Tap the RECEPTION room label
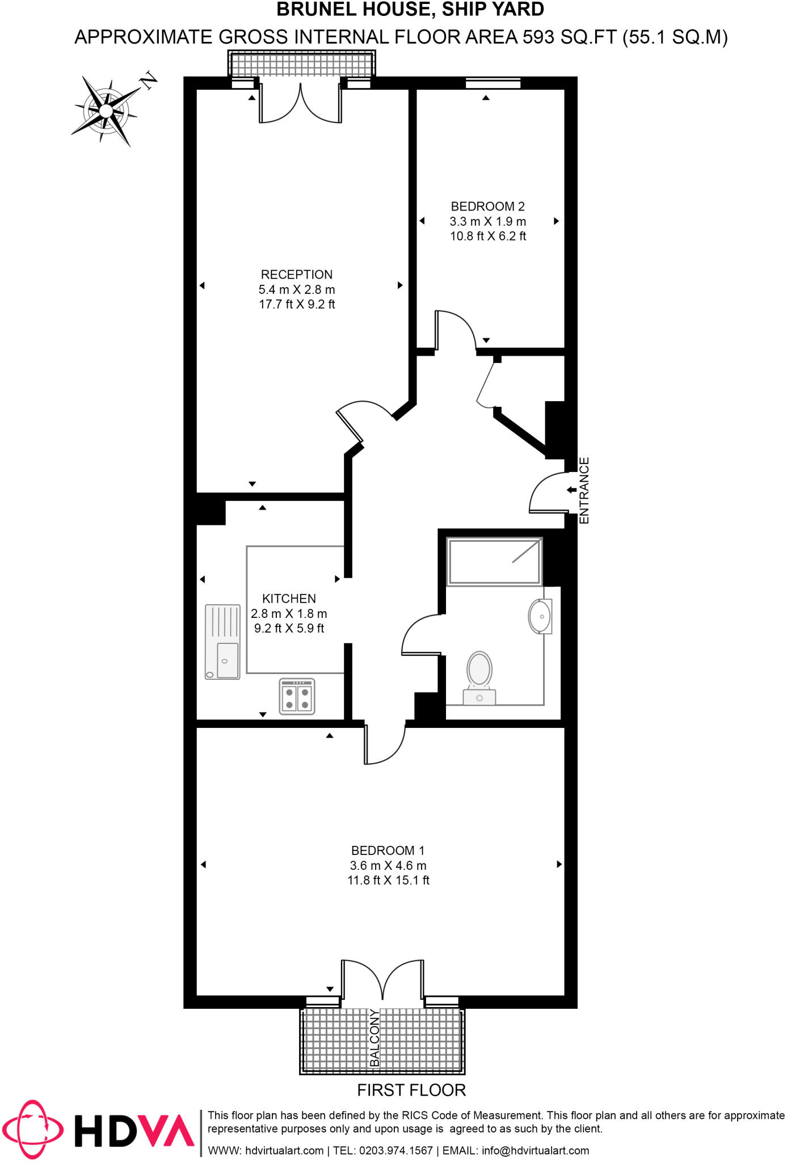(297, 275)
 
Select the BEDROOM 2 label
(487, 207)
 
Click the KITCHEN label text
(289, 599)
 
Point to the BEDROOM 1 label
(388, 851)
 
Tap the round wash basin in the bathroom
(540, 616)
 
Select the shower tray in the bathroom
(494, 562)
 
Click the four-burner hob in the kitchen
(297, 697)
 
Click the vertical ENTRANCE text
(584, 490)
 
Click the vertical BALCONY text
(374, 1038)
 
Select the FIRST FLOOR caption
(411, 1090)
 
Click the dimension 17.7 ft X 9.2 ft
(297, 305)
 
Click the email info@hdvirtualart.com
(535, 1151)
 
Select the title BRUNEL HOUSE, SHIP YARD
(410, 10)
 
